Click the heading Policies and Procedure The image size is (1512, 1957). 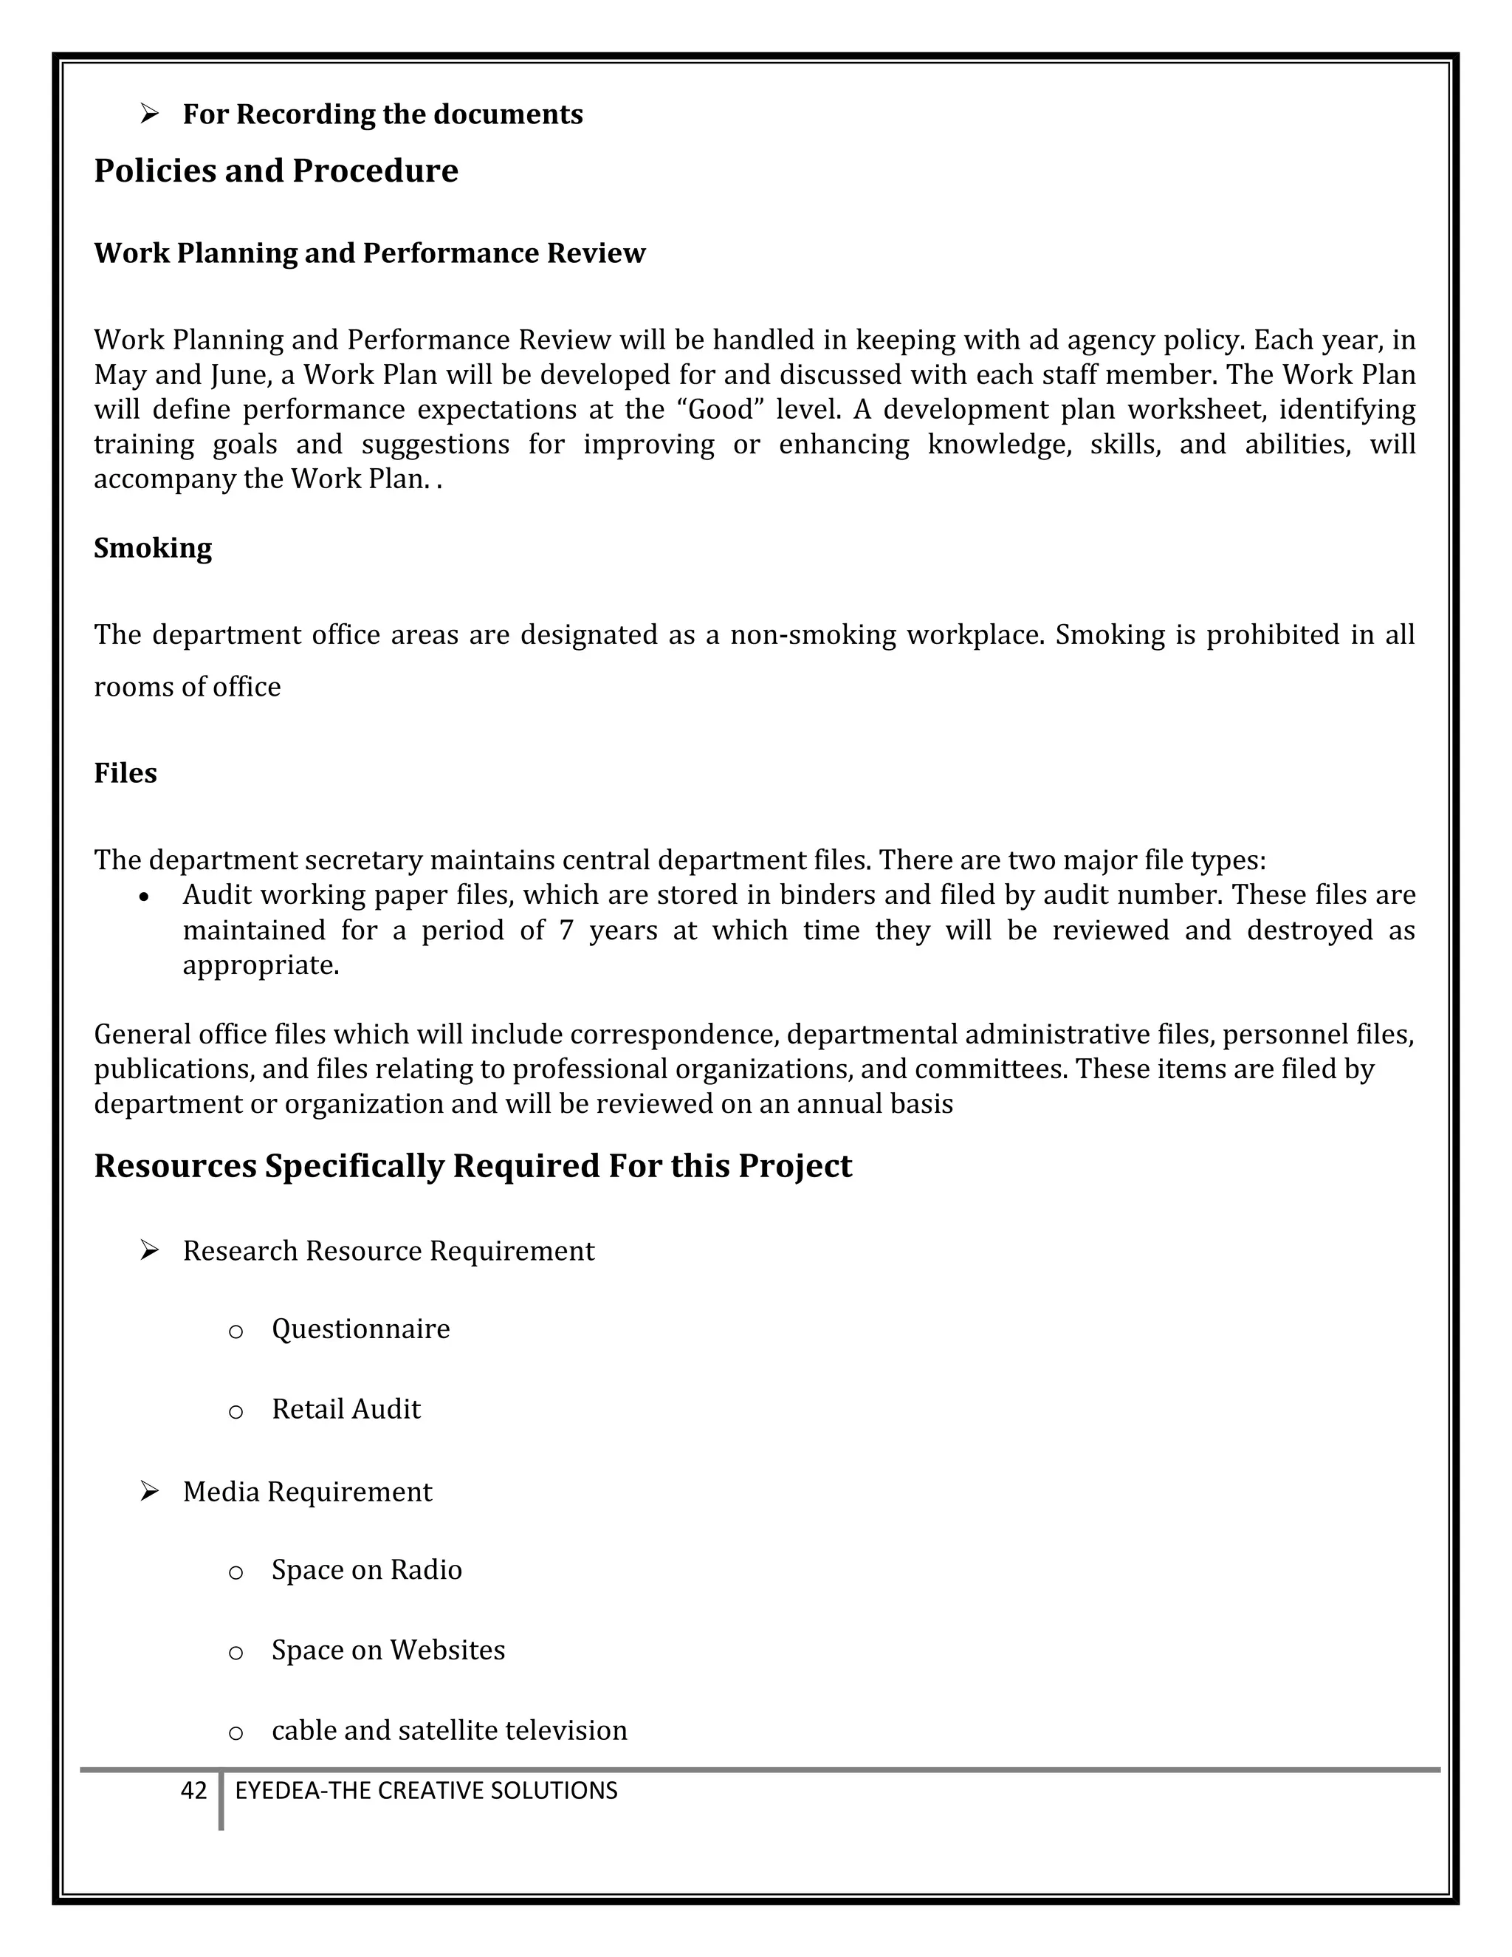[x=276, y=171]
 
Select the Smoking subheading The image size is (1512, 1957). [x=152, y=547]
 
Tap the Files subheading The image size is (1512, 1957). [x=126, y=773]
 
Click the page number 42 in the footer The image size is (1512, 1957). [x=193, y=1790]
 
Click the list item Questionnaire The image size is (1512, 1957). [x=360, y=1328]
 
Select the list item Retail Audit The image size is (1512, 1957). [x=346, y=1408]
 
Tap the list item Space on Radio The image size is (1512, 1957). [x=366, y=1569]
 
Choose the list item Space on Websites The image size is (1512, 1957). [x=388, y=1650]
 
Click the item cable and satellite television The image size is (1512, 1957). [x=449, y=1730]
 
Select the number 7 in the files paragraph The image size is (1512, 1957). [x=566, y=930]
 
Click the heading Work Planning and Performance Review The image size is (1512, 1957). [x=369, y=253]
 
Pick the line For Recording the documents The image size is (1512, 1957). [x=382, y=114]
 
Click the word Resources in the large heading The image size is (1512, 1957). [x=175, y=1166]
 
